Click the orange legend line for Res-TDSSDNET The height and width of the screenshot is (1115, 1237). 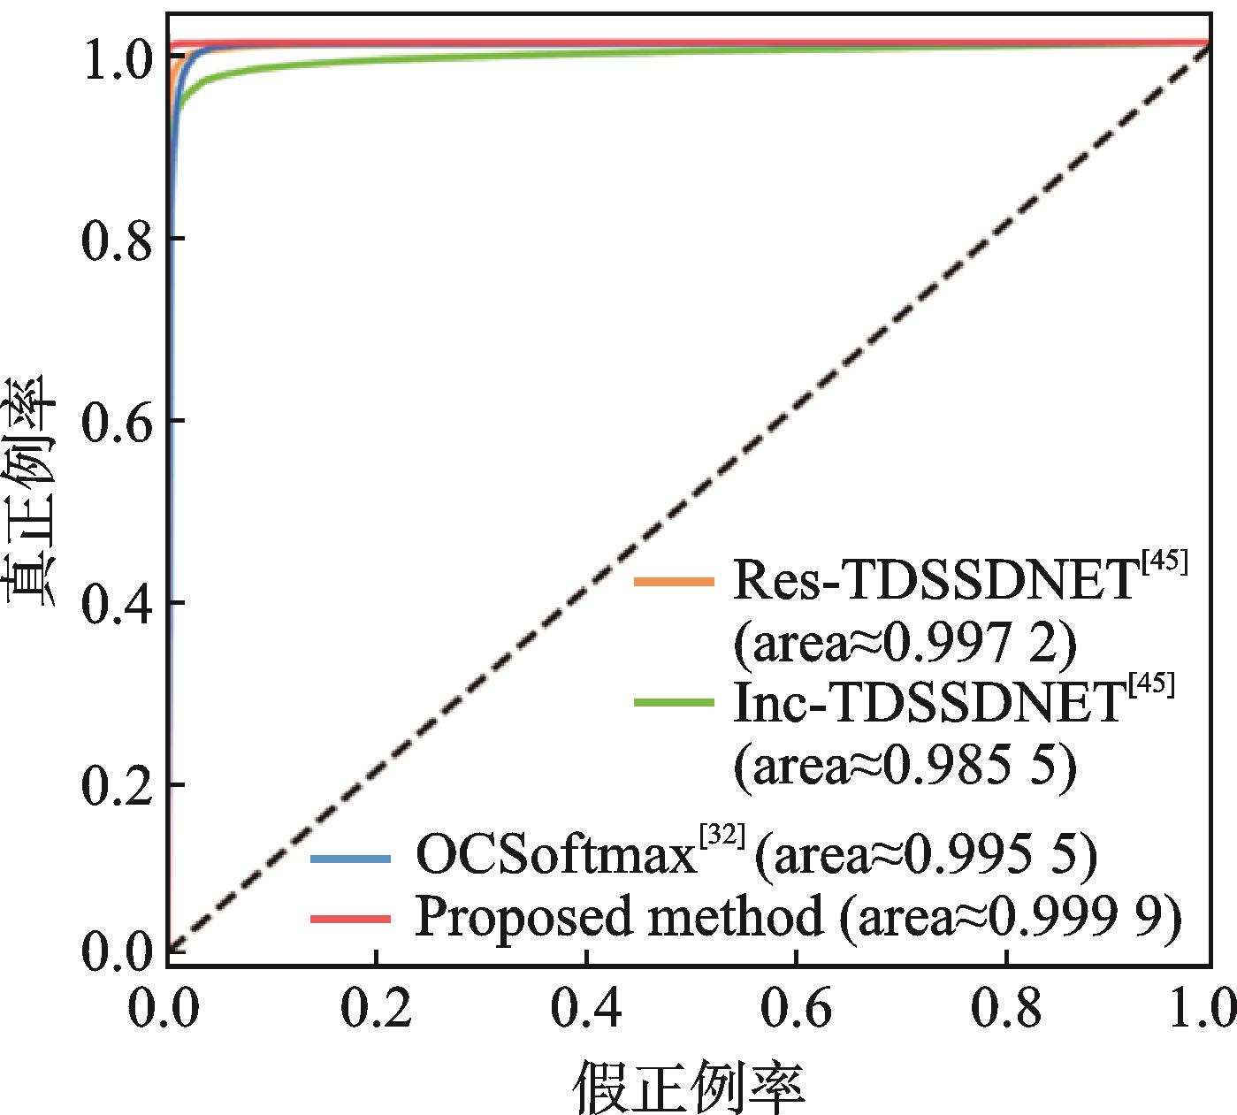click(x=674, y=581)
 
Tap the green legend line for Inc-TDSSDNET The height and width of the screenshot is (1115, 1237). click(x=674, y=703)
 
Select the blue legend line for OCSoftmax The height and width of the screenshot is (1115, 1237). click(x=350, y=858)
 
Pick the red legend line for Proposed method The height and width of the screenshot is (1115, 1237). click(x=350, y=920)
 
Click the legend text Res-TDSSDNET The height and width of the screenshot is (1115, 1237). click(x=933, y=582)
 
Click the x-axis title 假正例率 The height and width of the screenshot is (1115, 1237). click(x=689, y=1084)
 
